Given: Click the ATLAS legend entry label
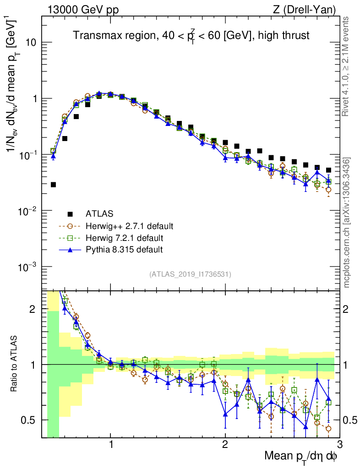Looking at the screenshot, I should (100, 214).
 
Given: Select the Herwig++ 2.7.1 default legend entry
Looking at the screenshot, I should (129, 226).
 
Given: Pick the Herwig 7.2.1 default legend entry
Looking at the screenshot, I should (125, 238).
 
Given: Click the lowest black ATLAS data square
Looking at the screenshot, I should (53, 185).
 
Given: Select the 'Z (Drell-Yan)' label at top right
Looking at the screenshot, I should (309, 9).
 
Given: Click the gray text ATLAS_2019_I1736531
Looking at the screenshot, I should (190, 274).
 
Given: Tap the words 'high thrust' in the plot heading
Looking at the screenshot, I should (286, 35).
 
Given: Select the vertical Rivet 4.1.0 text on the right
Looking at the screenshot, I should (347, 66).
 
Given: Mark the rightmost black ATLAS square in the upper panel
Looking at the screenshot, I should (328, 170).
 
